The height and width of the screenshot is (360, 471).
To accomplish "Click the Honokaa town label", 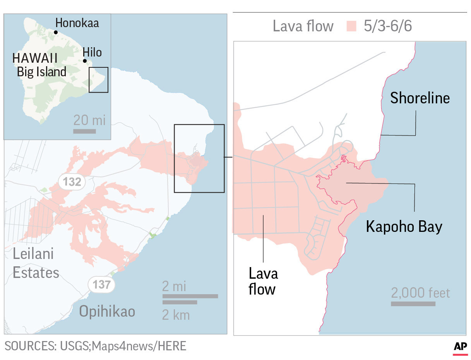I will point(77,23).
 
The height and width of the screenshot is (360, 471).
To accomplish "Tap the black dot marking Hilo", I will point(85,61).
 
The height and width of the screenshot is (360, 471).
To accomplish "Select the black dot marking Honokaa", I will point(56,32).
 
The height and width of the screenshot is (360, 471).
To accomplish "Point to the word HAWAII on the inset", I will point(35,59).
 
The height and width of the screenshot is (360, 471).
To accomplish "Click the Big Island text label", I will point(41,72).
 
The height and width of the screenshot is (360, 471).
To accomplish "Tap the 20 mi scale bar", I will point(84,131).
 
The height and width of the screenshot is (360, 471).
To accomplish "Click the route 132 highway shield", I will point(72,182).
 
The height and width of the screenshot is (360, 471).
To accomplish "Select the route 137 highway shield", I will point(101,285).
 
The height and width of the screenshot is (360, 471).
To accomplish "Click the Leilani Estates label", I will point(36,263).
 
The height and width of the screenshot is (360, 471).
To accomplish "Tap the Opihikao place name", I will point(107,311).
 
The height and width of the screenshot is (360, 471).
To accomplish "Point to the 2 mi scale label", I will point(174,287).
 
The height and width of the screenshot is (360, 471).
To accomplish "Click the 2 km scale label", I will point(176,315).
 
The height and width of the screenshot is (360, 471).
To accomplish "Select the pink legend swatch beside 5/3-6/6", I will point(351,26).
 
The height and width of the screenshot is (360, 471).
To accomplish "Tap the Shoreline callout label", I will point(420,98).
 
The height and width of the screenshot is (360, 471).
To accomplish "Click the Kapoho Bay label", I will point(404,227).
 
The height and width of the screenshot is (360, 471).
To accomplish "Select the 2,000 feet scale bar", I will point(413,304).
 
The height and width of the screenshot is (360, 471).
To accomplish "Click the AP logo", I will point(460,347).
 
